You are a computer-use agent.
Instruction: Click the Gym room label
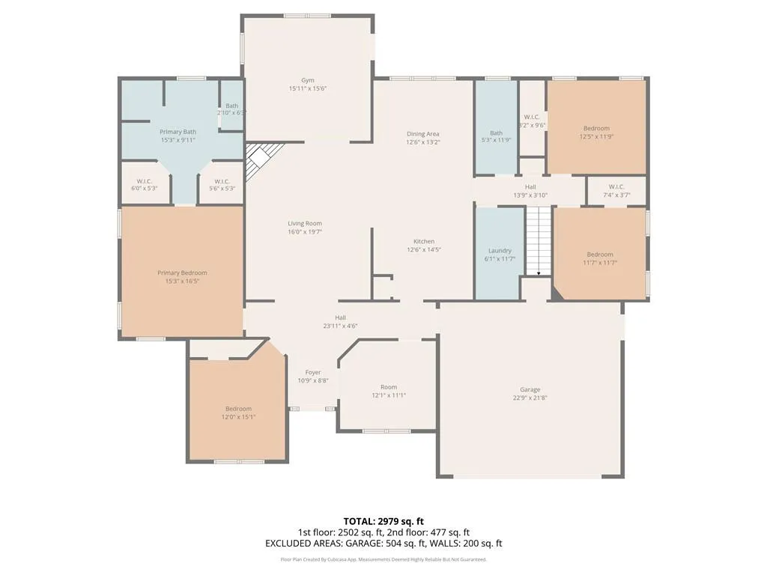[x=308, y=80]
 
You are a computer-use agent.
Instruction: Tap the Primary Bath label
[x=178, y=132]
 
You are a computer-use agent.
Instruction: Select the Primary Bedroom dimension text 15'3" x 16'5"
[x=182, y=282]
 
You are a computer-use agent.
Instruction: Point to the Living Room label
[x=305, y=223]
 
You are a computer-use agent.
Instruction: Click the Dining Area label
[x=423, y=134]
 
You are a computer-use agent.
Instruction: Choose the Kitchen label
[x=424, y=241]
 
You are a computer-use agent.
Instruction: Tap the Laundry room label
[x=500, y=251]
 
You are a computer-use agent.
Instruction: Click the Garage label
[x=530, y=389]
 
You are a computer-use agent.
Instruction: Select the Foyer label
[x=313, y=372]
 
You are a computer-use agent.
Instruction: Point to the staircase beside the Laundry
[x=537, y=240]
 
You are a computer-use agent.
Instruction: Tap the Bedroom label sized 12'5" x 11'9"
[x=597, y=128]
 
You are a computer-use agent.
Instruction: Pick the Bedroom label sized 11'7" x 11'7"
[x=600, y=254]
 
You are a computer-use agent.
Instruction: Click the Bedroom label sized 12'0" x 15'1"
[x=238, y=408]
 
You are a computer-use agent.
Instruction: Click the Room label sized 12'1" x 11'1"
[x=389, y=387]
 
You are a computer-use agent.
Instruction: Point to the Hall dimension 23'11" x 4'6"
[x=340, y=326]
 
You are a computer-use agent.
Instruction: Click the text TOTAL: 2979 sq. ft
[x=383, y=521]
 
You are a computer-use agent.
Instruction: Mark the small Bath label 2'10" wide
[x=231, y=106]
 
